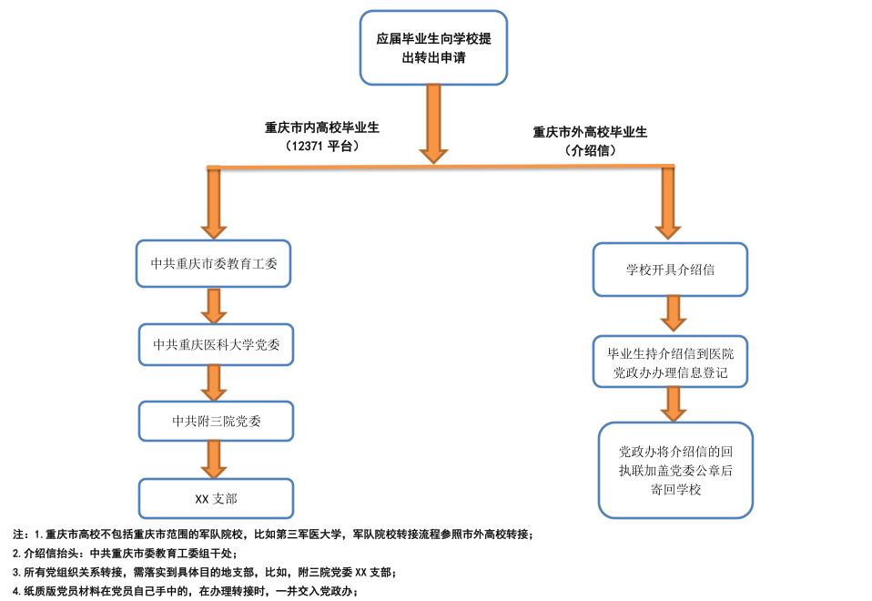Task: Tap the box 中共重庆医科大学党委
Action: pos(217,344)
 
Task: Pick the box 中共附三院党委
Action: pos(217,420)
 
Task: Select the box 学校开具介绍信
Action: pos(670,270)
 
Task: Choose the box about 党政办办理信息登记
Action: pos(670,362)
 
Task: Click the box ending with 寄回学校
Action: pos(675,469)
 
